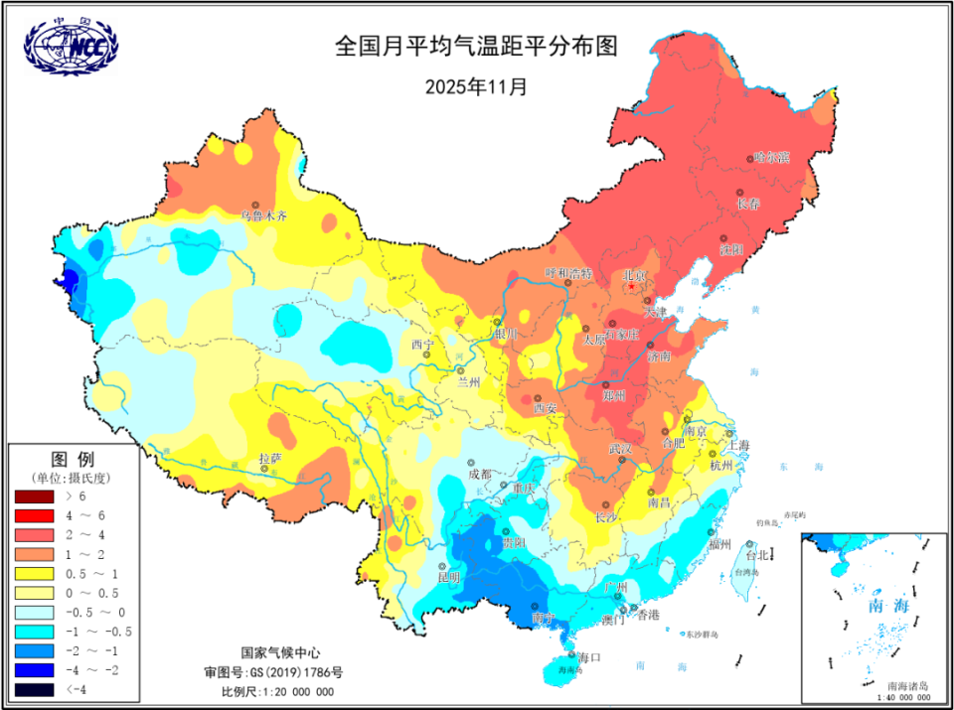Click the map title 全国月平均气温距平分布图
(476, 47)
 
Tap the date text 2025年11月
(476, 85)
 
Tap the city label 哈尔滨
(770, 157)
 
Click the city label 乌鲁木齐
(263, 214)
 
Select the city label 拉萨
(270, 459)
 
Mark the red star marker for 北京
(631, 287)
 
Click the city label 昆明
(448, 577)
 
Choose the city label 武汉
(621, 449)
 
